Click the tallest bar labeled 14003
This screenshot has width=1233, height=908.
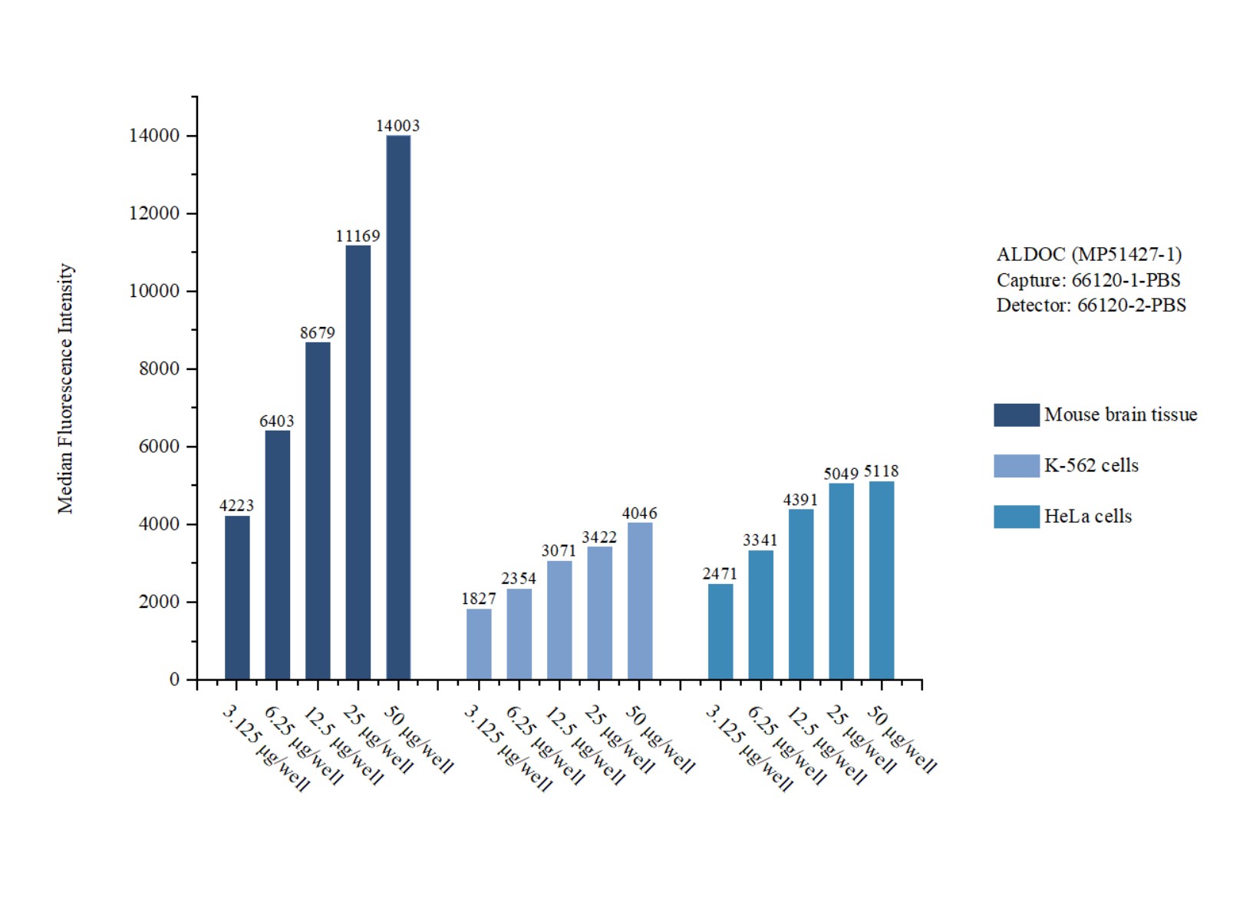click(x=398, y=407)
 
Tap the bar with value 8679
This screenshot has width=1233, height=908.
click(x=318, y=510)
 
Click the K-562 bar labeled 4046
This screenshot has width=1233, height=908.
click(x=640, y=600)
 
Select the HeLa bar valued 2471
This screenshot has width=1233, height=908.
click(x=720, y=631)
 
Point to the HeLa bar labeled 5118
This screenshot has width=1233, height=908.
click(x=882, y=579)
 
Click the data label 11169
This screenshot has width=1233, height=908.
click(x=358, y=236)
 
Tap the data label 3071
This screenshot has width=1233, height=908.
click(x=559, y=550)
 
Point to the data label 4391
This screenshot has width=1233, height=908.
click(x=800, y=500)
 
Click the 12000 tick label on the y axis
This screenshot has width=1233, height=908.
click(x=154, y=213)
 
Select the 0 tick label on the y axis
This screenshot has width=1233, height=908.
click(x=174, y=679)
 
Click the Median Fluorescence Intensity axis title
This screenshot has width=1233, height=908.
click(x=65, y=388)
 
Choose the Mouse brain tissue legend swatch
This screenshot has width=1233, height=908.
click(x=1017, y=414)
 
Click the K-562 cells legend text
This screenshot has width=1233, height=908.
click(x=1091, y=465)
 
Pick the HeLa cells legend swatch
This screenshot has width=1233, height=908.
click(x=1017, y=517)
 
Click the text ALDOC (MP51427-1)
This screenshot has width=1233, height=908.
click(x=1089, y=254)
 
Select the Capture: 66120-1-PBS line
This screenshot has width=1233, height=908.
click(x=1088, y=280)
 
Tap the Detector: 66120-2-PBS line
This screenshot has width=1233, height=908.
click(x=1091, y=305)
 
